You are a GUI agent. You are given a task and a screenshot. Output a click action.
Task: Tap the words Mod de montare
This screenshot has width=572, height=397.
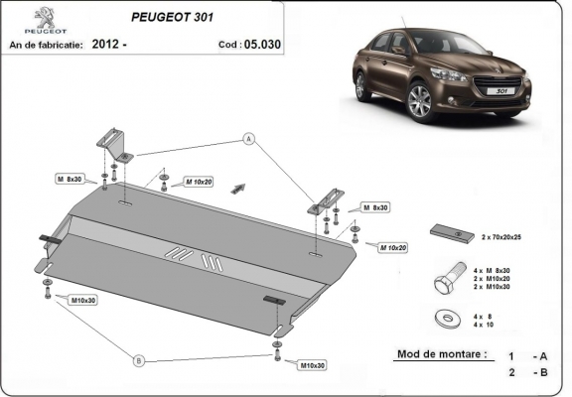click(442, 354)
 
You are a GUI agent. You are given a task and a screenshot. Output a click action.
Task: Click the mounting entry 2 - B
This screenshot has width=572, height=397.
click(527, 371)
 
